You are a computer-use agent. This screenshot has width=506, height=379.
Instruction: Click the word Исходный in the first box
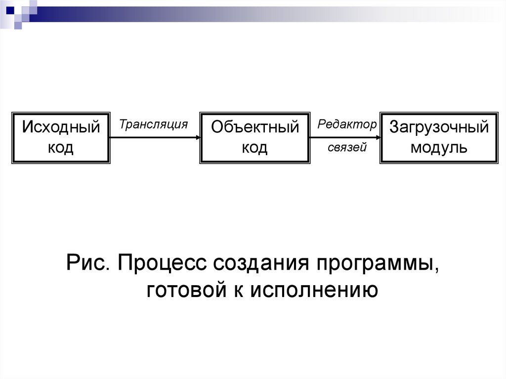pyautogui.click(x=61, y=127)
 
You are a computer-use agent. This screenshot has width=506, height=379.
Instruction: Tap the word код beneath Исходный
pyautogui.click(x=61, y=147)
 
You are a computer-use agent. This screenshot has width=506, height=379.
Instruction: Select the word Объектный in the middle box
pyautogui.click(x=255, y=127)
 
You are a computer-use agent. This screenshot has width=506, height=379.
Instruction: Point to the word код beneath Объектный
pyautogui.click(x=255, y=147)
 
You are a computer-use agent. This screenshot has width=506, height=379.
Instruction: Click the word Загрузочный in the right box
pyautogui.click(x=439, y=127)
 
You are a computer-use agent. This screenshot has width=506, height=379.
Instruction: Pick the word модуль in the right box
pyautogui.click(x=439, y=147)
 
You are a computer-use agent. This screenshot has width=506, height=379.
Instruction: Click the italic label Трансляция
pyautogui.click(x=154, y=124)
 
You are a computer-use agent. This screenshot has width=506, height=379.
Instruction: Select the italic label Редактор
pyautogui.click(x=347, y=125)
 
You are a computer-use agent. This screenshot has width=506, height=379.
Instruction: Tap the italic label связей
pyautogui.click(x=347, y=147)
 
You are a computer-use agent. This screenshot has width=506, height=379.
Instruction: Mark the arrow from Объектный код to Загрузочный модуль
pyautogui.click(x=343, y=138)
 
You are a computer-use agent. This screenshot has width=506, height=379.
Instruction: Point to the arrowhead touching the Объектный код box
pyautogui.click(x=197, y=138)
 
